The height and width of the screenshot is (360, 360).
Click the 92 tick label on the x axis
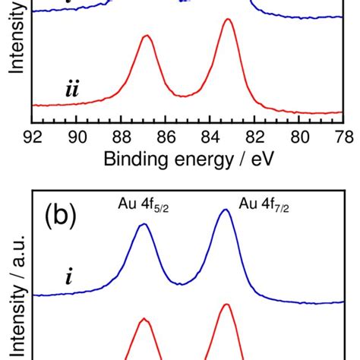32,137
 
